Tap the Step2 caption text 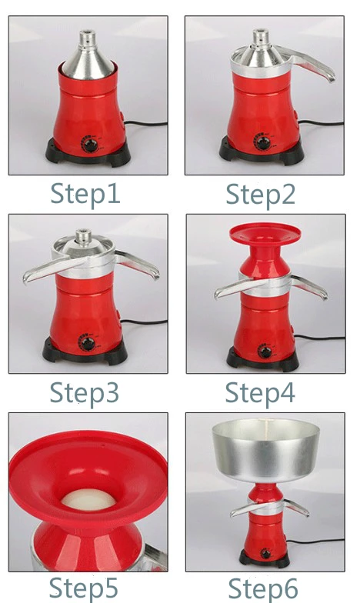point(260,194)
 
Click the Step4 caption point(260,392)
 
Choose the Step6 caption point(260,588)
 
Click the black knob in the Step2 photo point(263,144)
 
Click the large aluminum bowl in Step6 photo point(266,450)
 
